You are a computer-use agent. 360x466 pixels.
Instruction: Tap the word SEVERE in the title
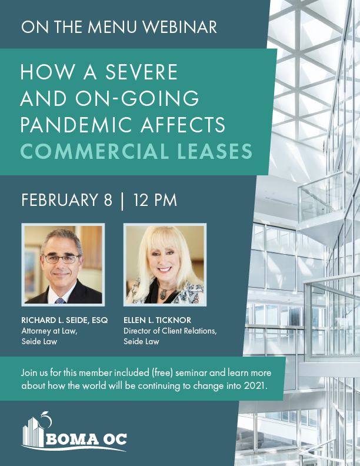pyautogui.click(x=141, y=72)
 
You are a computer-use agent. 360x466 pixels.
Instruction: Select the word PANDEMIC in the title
pyautogui.click(x=76, y=125)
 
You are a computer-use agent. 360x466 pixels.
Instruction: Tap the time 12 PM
pyautogui.click(x=155, y=199)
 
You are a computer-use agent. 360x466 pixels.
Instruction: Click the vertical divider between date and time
pyautogui.click(x=122, y=201)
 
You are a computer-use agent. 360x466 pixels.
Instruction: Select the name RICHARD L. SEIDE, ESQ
pyautogui.click(x=65, y=320)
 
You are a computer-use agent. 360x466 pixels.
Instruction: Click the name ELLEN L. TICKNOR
pyautogui.click(x=158, y=320)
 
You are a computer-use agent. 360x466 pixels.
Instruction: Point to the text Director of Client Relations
pyautogui.click(x=170, y=331)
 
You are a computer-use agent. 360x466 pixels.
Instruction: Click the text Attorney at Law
pyautogui.click(x=49, y=331)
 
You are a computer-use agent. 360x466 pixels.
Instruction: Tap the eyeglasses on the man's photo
pyautogui.click(x=62, y=259)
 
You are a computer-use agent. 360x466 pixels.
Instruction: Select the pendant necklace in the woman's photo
pyautogui.click(x=164, y=293)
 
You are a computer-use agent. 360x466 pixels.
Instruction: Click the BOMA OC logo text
pyautogui.click(x=86, y=440)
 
